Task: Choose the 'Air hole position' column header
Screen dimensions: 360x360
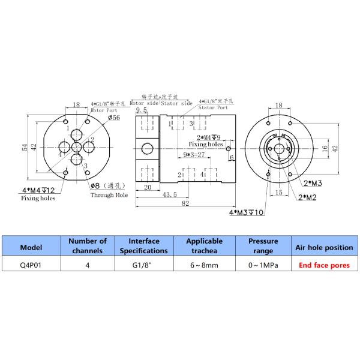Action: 323,246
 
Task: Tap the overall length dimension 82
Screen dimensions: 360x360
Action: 185,203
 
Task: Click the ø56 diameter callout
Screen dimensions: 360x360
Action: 114,118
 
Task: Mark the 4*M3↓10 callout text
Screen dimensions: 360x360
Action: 245,212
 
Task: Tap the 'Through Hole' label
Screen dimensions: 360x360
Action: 109,195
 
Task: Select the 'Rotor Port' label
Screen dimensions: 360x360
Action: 104,111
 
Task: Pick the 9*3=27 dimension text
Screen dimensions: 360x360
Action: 195,154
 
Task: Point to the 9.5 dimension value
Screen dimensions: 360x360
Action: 142,109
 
